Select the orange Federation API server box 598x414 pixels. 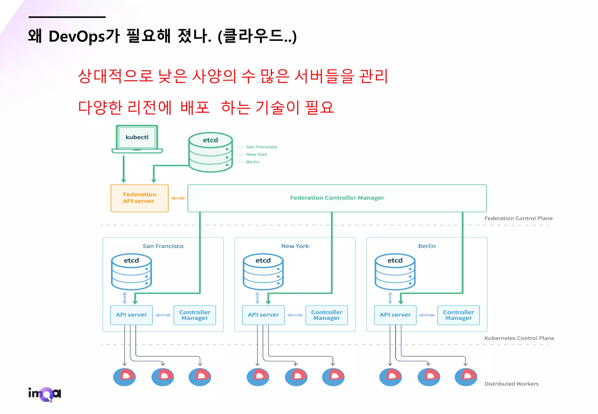click(139, 198)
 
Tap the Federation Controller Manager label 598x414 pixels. click(337, 198)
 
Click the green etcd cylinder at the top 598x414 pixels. click(210, 152)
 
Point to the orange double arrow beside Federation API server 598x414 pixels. click(178, 198)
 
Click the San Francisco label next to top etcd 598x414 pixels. click(261, 147)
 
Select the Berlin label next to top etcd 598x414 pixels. click(253, 162)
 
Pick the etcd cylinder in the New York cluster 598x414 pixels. click(263, 272)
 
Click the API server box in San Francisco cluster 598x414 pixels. click(131, 315)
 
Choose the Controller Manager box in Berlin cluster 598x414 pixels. click(458, 315)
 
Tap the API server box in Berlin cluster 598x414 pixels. click(395, 315)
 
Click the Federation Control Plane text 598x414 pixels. click(518, 218)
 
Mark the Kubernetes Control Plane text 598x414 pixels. click(519, 338)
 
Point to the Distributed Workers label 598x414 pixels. click(511, 384)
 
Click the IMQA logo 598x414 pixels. click(45, 394)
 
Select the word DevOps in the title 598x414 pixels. click(77, 37)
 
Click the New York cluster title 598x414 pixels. click(295, 246)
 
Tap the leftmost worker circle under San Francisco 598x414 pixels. click(124, 377)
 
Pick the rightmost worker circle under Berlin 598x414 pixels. click(466, 377)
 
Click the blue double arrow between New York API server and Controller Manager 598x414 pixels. click(295, 315)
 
